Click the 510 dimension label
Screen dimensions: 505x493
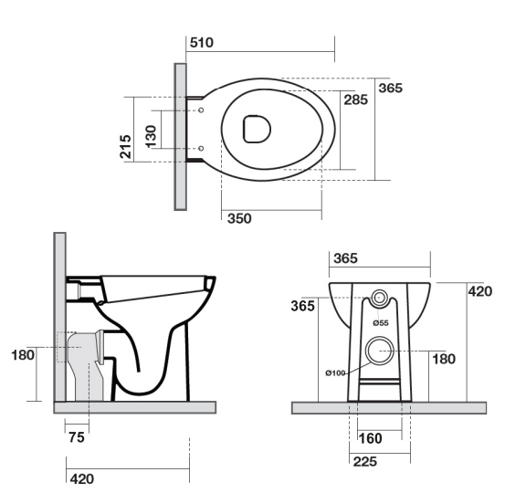[201, 43]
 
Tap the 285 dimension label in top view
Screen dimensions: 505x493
[355, 100]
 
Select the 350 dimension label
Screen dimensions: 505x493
[239, 218]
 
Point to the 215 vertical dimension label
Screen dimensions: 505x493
[126, 147]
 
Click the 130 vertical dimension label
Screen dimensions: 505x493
[151, 137]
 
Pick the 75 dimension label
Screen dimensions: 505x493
[77, 437]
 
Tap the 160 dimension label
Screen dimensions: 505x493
[371, 438]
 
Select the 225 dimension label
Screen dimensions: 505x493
[365, 462]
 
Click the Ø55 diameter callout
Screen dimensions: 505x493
[381, 322]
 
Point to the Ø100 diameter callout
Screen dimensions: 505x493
[335, 372]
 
